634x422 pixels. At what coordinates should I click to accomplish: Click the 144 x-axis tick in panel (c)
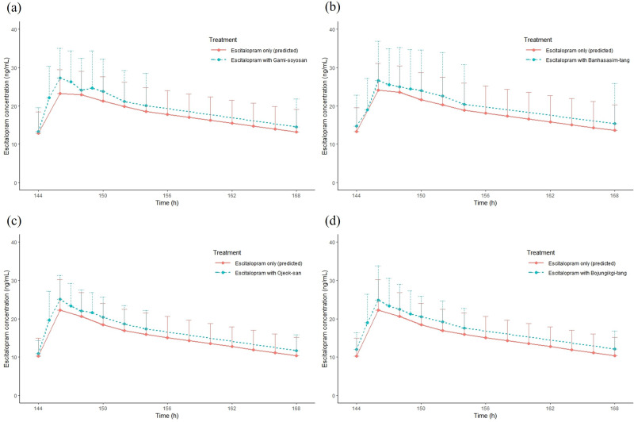(37, 406)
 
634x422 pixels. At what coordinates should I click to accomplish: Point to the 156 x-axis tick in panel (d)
(486, 406)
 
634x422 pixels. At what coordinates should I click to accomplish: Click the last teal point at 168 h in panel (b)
(615, 123)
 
